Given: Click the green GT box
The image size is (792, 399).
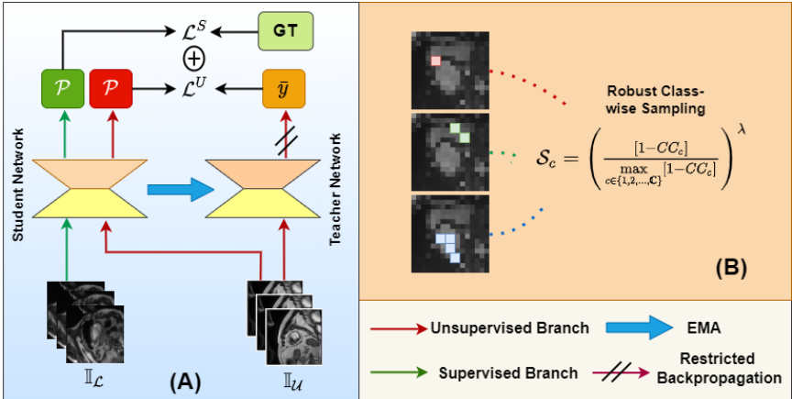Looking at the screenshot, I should tap(284, 32).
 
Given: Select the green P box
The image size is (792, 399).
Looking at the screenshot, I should tap(58, 89).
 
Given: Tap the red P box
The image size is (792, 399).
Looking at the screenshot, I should tap(112, 89).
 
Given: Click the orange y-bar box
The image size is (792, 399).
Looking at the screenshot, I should tap(282, 89).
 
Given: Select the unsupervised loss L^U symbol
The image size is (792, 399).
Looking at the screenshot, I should tap(195, 90).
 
